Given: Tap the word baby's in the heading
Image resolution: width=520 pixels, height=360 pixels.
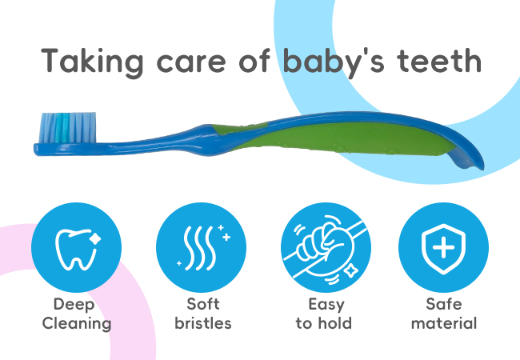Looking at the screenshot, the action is click(334, 62).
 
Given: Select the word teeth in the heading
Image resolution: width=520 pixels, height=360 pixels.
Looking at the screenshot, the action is click(438, 60).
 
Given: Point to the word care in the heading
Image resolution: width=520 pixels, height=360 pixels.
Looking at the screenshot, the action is click(191, 64).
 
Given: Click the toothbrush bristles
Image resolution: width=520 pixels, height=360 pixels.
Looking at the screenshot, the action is click(68, 128).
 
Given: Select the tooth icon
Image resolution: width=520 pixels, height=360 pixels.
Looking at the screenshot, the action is click(78, 249).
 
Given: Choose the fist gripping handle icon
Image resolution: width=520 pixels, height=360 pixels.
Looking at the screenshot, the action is click(325, 248).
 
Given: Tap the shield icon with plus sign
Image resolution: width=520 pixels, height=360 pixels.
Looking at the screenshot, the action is click(443, 249).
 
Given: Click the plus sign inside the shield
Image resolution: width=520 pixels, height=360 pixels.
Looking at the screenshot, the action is click(443, 248).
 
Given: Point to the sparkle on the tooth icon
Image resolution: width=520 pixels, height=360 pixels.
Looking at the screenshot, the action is click(95, 238).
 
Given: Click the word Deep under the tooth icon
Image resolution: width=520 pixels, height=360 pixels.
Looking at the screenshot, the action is click(74, 305).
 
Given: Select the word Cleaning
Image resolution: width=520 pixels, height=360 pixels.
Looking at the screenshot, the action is click(77, 324).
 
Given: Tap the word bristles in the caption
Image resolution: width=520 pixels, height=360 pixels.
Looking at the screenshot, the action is click(203, 323).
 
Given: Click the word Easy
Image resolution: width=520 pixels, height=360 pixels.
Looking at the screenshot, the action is click(326, 305).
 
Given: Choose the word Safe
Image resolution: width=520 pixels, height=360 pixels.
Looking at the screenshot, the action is click(444, 304).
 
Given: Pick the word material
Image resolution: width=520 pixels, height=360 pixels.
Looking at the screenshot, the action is click(444, 323).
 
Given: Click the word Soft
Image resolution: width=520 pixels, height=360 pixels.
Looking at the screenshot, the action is click(203, 304).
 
